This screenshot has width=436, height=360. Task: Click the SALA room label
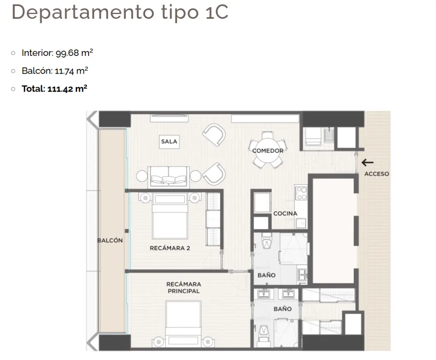[169, 141]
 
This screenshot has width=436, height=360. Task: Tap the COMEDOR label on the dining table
[268, 150]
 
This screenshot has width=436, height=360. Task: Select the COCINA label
[285, 213]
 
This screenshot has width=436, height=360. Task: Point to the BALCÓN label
[110, 240]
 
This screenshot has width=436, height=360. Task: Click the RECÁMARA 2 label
[170, 248]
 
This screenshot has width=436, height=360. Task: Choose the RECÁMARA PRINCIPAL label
[184, 288]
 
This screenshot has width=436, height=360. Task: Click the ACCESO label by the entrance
[377, 174]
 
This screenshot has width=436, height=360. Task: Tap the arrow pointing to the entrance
[367, 162]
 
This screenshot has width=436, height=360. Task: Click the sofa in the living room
[169, 177]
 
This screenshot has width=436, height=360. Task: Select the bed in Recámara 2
[169, 216]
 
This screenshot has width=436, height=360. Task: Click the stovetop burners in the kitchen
[302, 193]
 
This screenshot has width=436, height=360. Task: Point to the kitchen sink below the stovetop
[301, 223]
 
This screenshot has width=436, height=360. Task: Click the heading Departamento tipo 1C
[120, 12]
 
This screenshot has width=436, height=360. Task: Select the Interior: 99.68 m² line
[57, 52]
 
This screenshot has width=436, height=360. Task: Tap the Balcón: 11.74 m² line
[55, 71]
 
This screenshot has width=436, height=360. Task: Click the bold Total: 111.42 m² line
[54, 89]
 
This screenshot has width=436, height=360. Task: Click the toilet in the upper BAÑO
[267, 241]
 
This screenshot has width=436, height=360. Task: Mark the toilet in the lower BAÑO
[263, 334]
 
